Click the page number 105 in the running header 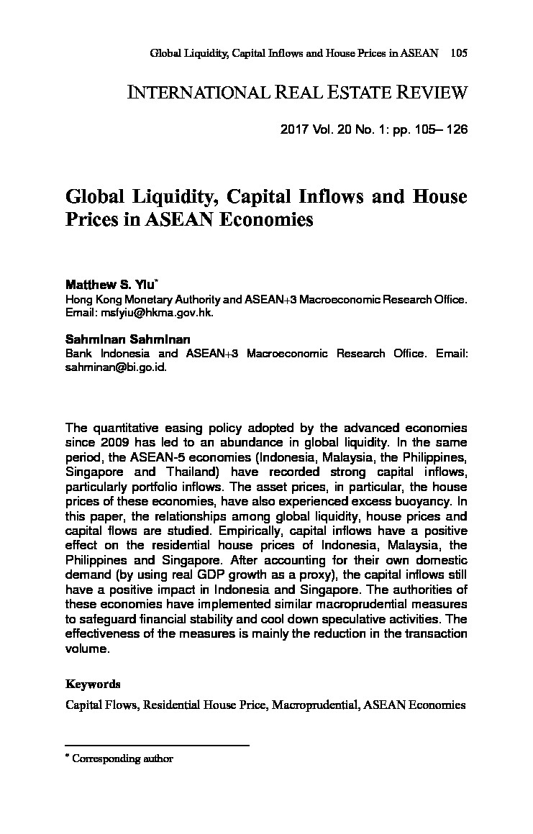pos(458,54)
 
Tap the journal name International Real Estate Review pos(297,93)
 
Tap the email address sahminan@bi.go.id pos(115,366)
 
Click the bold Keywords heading pos(93,684)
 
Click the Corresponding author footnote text pos(123,758)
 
